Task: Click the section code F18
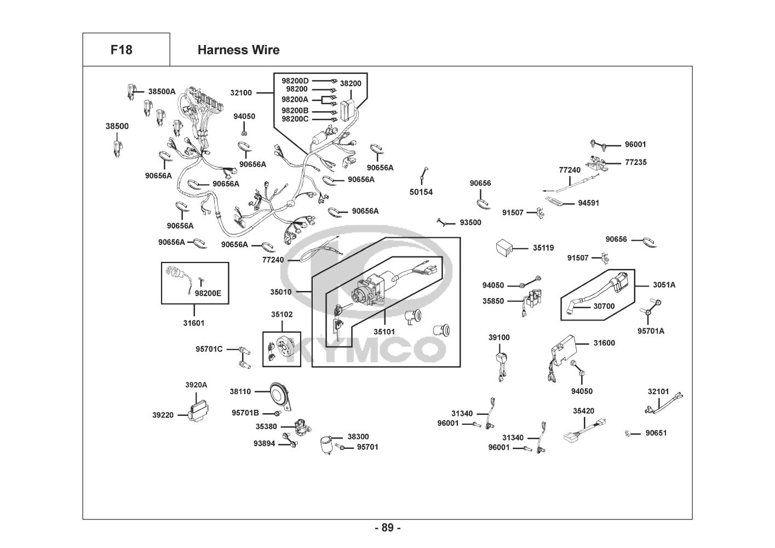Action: click(121, 50)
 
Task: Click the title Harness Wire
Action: click(238, 50)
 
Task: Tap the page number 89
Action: click(387, 528)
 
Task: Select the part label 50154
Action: click(421, 192)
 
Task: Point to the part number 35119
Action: click(543, 248)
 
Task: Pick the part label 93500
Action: click(470, 222)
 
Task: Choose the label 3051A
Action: click(664, 285)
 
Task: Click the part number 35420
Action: click(583, 410)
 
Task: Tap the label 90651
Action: click(656, 433)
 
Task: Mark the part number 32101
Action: click(658, 391)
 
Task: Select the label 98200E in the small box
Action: click(208, 293)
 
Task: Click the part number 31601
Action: click(193, 323)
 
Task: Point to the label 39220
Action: click(163, 415)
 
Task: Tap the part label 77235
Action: click(635, 162)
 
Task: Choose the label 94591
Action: click(588, 203)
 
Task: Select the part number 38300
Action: click(358, 437)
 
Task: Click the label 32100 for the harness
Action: click(241, 93)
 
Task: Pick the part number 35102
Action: click(282, 315)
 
